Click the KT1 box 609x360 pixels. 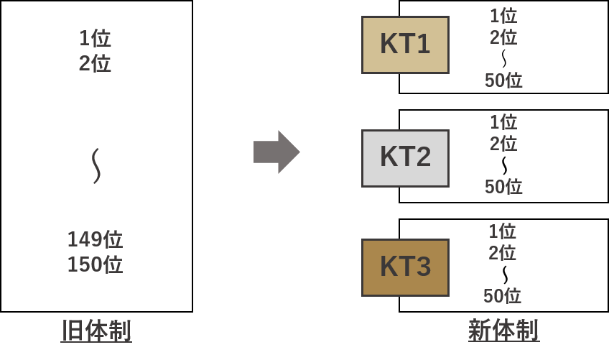point(405,45)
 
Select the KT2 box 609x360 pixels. point(405,158)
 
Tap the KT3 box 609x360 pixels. point(405,267)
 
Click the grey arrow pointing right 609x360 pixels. point(276,152)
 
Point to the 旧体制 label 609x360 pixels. point(96,331)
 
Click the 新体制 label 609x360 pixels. point(503,331)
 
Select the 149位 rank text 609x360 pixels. point(95,239)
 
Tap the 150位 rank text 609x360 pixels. point(95,264)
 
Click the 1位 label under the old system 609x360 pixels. point(95,38)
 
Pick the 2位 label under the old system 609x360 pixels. point(95,63)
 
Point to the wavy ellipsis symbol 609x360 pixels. point(96,166)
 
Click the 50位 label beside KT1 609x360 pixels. point(503,80)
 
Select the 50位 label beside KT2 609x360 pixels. point(503,187)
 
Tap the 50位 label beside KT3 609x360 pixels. point(502,296)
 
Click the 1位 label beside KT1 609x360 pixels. point(503,16)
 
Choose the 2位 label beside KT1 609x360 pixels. point(503,37)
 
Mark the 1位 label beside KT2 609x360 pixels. point(503,122)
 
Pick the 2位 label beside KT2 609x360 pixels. point(503,144)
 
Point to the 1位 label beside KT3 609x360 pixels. point(502,231)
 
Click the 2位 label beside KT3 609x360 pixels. point(502,253)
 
